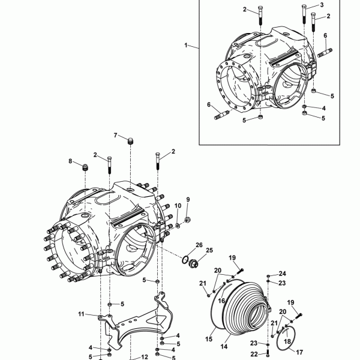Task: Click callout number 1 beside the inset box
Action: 186,45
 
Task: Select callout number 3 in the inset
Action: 322,5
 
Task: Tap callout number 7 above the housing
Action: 115,135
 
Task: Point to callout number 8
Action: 70,161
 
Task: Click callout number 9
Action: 188,200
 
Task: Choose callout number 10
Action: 178,206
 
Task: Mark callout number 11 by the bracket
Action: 81,314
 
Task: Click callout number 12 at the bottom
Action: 145,357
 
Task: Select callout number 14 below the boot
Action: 224,346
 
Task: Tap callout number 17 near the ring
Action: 299,352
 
